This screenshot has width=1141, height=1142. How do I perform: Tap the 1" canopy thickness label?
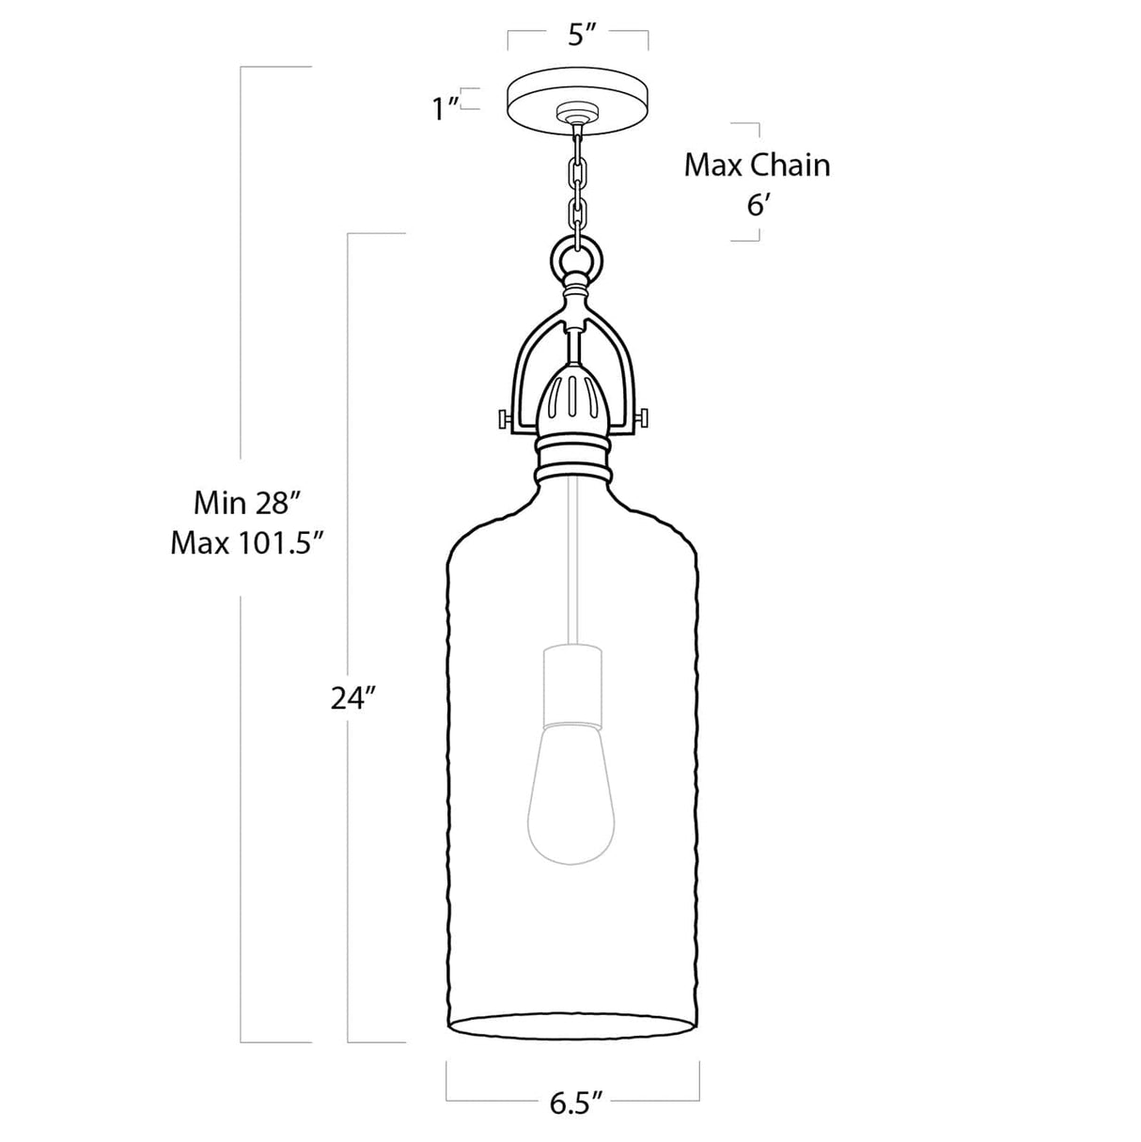pos(445,108)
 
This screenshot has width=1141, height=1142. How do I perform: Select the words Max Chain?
pos(757,165)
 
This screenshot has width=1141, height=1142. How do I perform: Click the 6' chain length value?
pos(758,205)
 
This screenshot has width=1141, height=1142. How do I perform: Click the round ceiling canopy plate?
pos(577,95)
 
